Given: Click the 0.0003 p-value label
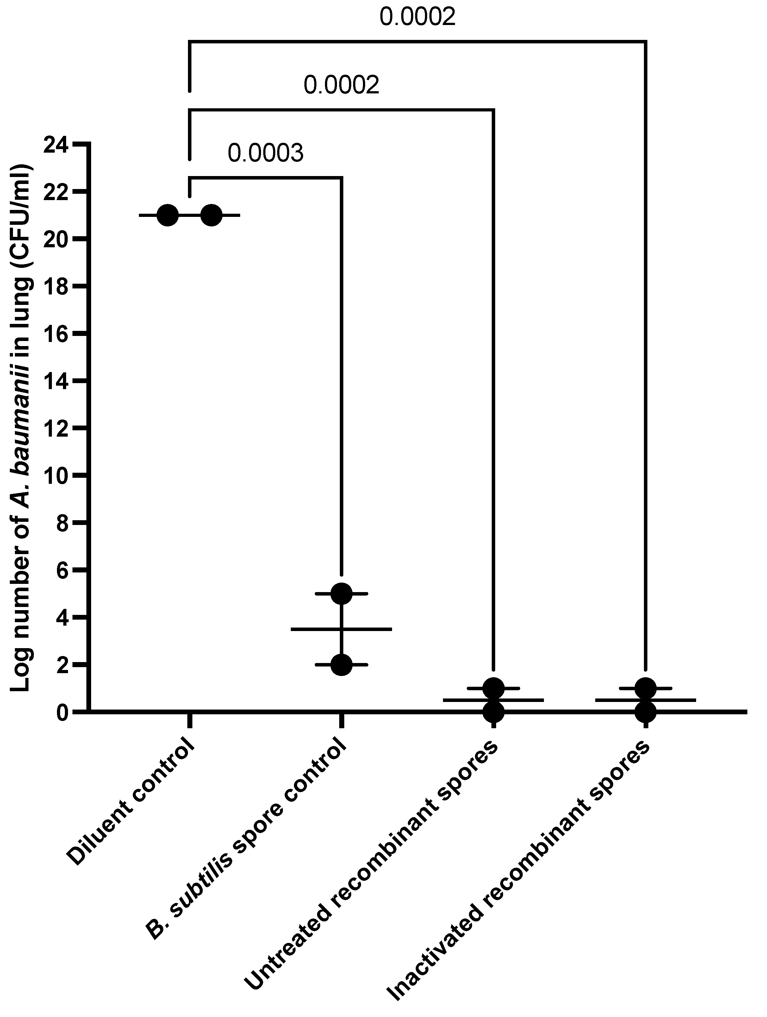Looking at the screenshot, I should [265, 154].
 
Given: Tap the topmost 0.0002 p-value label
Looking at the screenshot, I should [417, 17].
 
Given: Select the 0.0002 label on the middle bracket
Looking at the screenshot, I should [341, 85].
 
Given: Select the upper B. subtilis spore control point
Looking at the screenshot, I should [341, 594].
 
